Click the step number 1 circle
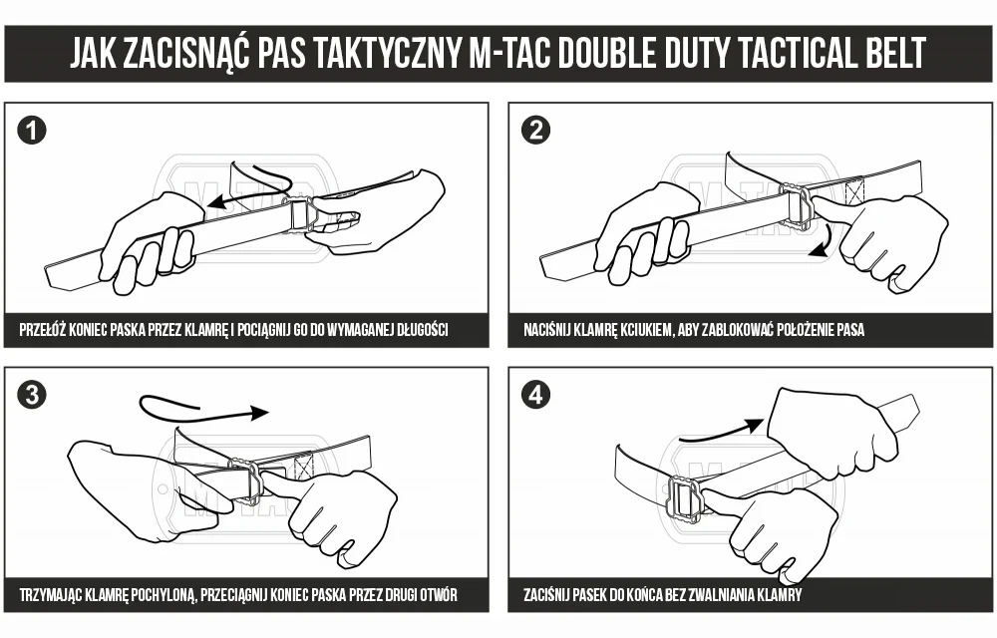[32, 131]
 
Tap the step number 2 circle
[535, 131]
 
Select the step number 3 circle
[32, 395]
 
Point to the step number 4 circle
[535, 395]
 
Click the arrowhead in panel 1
[218, 202]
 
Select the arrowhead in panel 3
[259, 413]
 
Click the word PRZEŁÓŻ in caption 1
[43, 330]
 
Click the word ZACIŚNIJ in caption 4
[546, 595]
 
